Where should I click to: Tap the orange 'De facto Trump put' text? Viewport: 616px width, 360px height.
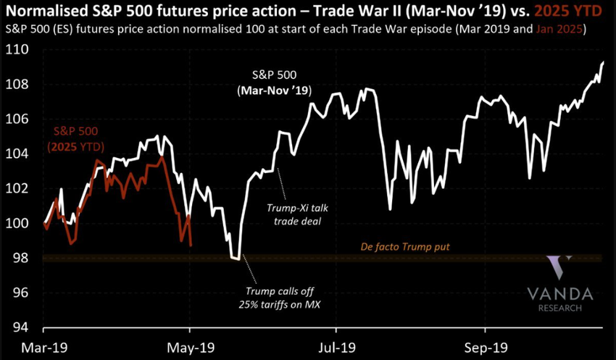[405, 247]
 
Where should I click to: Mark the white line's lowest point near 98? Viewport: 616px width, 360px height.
[236, 258]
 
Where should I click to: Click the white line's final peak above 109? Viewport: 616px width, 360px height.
[603, 62]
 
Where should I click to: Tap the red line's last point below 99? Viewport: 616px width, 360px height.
[191, 246]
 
